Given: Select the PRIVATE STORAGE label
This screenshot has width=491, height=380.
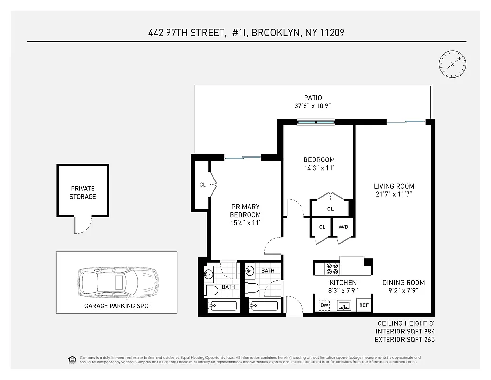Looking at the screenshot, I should click(x=83, y=192).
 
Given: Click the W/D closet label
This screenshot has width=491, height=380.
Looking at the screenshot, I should click(x=343, y=227).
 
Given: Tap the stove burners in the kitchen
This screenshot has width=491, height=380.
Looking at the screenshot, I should click(x=332, y=269).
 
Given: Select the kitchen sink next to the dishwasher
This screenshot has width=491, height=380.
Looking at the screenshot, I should click(x=344, y=305).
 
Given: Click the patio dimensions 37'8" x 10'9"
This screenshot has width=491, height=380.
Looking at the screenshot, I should click(x=313, y=106).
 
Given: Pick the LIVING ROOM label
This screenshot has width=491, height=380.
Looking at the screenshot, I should click(x=394, y=186).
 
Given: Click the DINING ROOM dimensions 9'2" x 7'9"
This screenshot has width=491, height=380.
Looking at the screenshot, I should click(x=403, y=291).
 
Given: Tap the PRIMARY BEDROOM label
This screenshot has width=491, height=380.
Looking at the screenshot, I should click(x=245, y=210).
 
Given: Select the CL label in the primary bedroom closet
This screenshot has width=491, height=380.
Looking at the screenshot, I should click(x=202, y=185).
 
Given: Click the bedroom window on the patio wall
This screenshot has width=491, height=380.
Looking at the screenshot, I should click(x=316, y=122).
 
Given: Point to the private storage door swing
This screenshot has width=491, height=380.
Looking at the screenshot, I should click(x=80, y=226).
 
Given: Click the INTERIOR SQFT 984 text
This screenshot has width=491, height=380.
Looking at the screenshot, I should click(x=405, y=331).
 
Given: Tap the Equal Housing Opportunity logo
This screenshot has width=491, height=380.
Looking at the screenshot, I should click(x=72, y=359).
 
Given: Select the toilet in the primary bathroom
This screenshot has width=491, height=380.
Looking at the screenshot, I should click(x=210, y=290).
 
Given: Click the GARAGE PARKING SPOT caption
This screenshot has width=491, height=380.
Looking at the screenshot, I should click(x=118, y=306).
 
